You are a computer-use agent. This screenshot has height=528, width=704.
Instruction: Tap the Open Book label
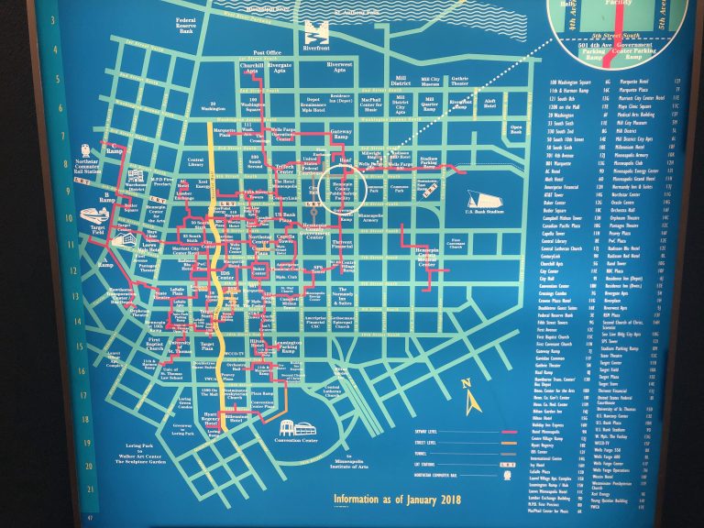(x=515, y=129)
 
